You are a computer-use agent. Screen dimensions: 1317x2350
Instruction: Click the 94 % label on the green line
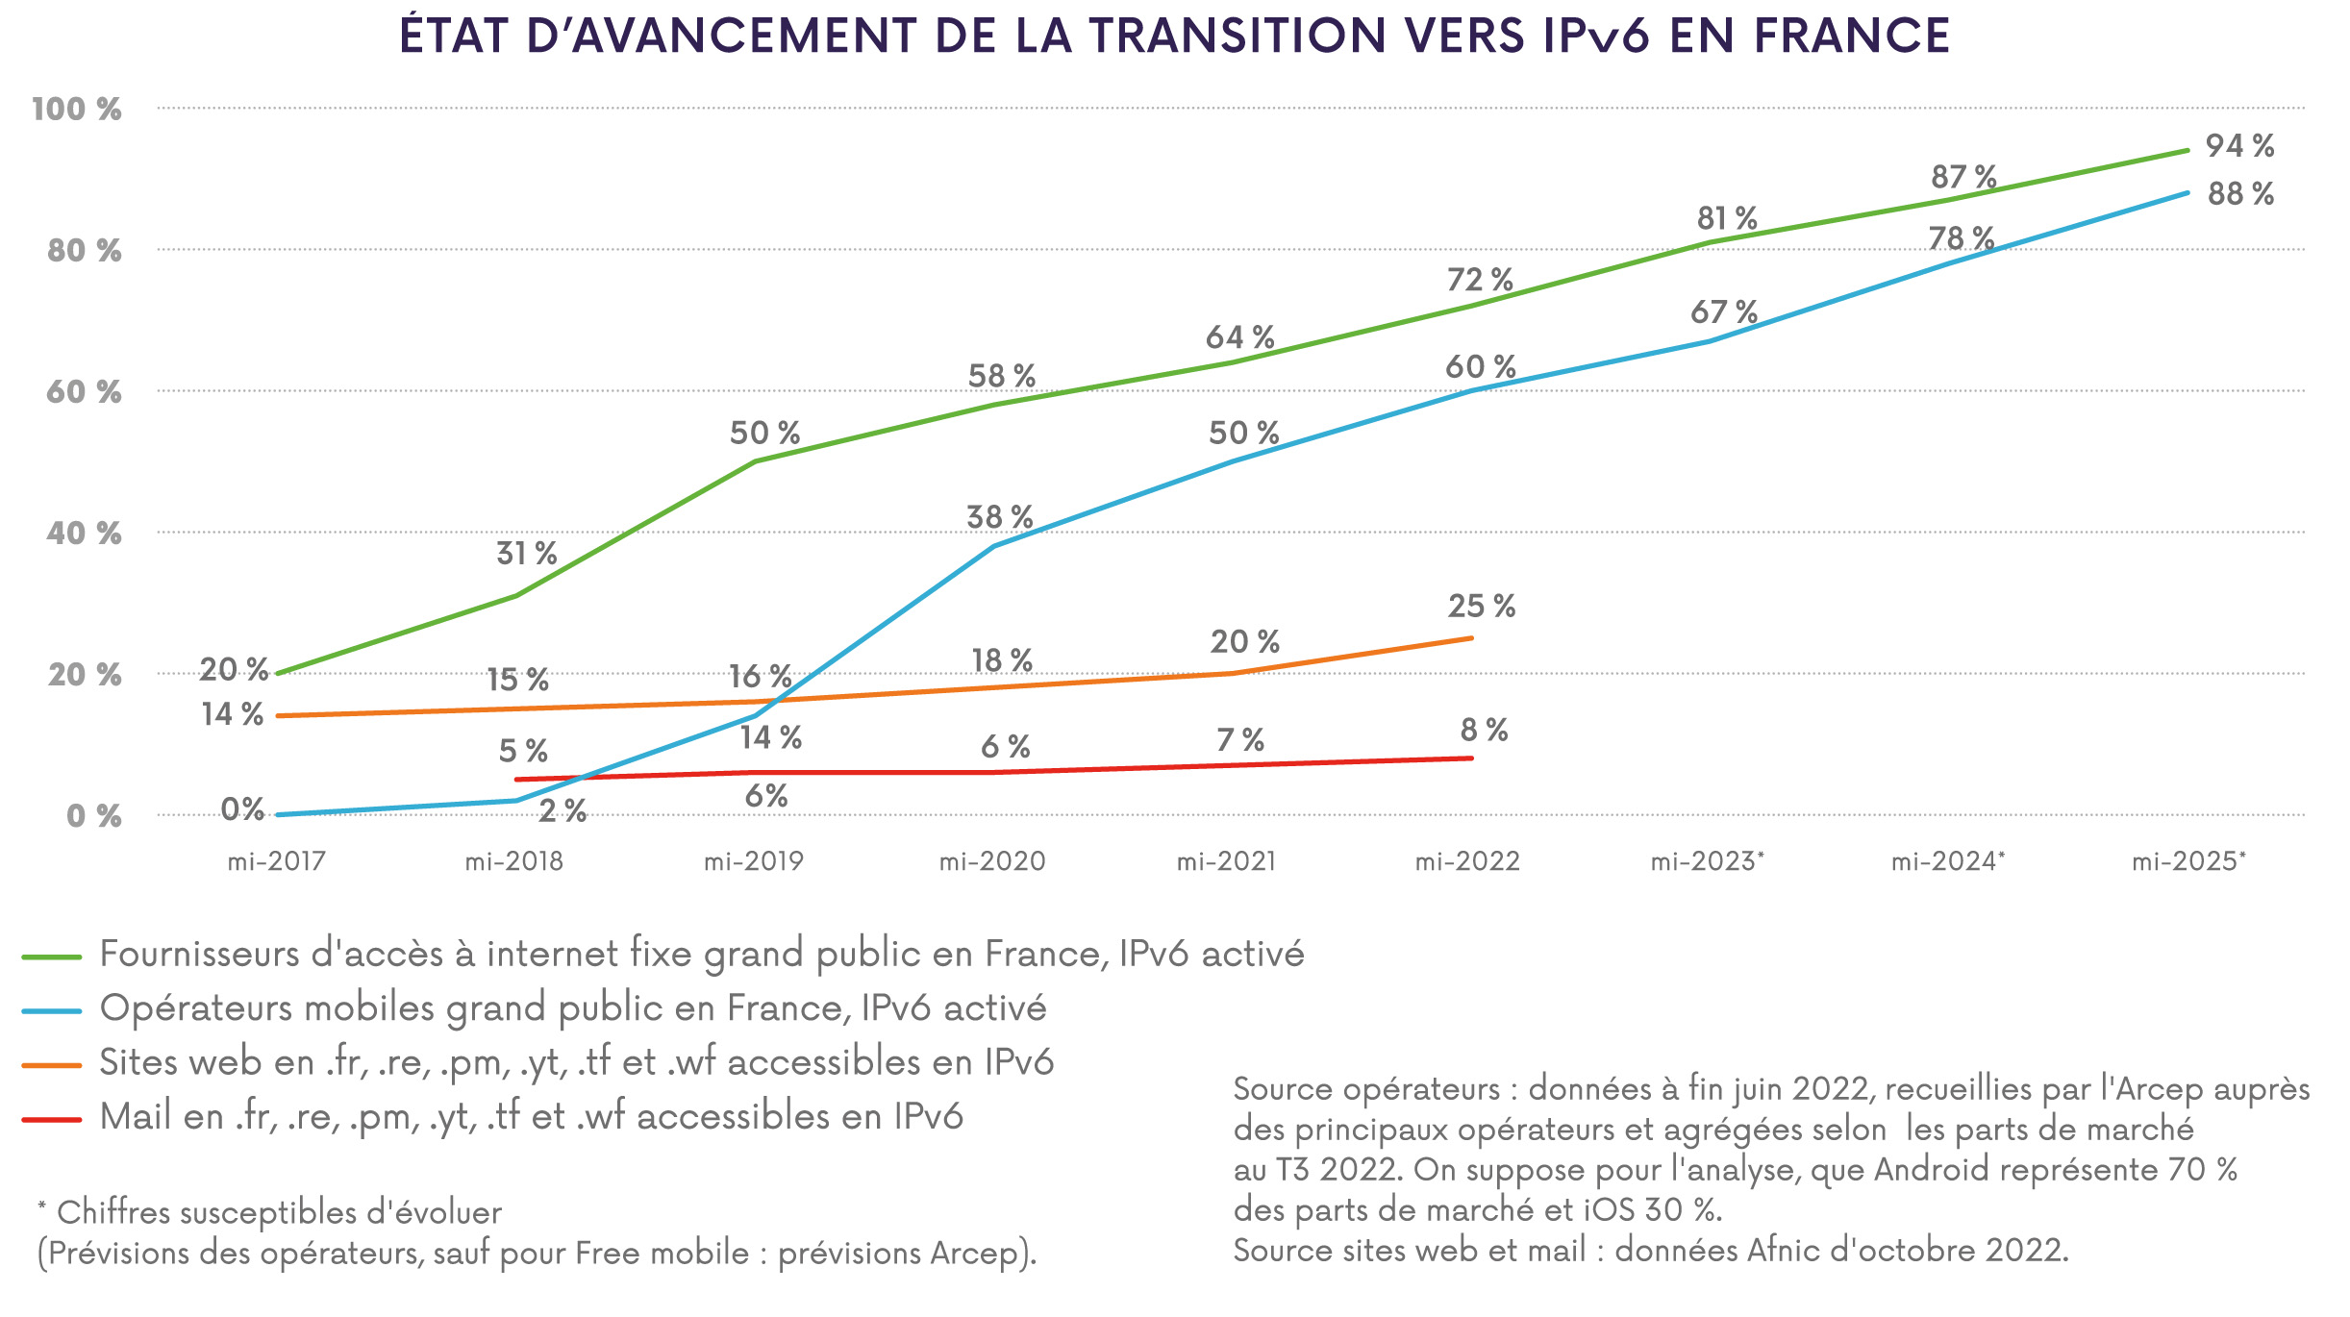(x=2239, y=146)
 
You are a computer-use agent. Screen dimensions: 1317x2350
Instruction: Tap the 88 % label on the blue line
(x=2240, y=194)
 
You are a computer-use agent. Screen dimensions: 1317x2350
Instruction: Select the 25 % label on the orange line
(x=1481, y=607)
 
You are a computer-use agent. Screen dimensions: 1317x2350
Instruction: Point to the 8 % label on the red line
(x=1484, y=731)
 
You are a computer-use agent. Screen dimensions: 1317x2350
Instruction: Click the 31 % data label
(x=526, y=554)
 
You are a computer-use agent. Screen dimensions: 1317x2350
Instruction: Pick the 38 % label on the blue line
(x=999, y=517)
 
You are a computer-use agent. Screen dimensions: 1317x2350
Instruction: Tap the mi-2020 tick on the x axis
(x=991, y=861)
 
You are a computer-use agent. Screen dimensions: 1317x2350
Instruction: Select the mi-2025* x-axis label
(x=2188, y=861)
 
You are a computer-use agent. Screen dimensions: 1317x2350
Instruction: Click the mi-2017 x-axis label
(x=276, y=861)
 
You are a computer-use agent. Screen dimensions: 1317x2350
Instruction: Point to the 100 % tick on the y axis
(x=77, y=110)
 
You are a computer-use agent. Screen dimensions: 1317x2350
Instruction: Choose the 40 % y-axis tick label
(x=84, y=534)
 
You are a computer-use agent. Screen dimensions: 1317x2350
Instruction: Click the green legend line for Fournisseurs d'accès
(x=51, y=957)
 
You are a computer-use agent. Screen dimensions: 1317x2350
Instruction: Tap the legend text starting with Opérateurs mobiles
(x=572, y=1008)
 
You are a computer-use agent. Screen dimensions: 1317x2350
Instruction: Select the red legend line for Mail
(x=51, y=1120)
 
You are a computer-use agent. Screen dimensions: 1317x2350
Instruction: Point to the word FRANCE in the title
(x=1852, y=37)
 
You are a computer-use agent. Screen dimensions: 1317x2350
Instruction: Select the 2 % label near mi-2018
(x=562, y=811)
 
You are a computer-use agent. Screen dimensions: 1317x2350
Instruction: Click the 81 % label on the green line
(x=1726, y=219)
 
